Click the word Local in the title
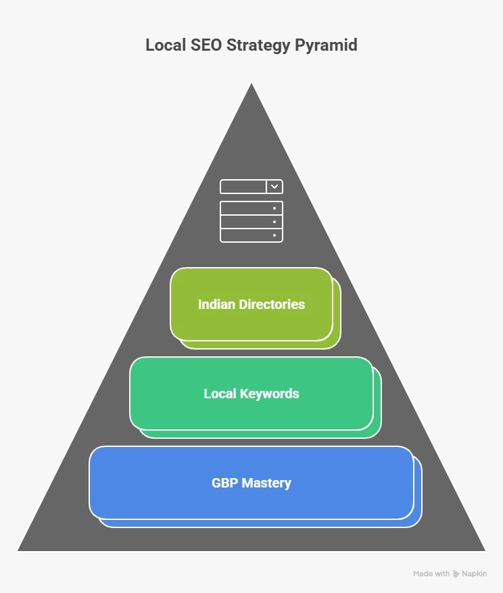(x=165, y=45)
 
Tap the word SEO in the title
(x=206, y=45)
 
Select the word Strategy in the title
(x=258, y=46)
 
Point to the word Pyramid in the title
(x=326, y=46)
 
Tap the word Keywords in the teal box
(x=270, y=394)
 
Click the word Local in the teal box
(x=220, y=394)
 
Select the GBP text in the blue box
(x=224, y=483)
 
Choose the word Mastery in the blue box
(x=266, y=483)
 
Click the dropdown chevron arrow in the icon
(x=274, y=187)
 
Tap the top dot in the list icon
(x=274, y=208)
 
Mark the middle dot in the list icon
(x=274, y=222)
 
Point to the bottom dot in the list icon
(x=274, y=235)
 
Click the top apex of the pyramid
(x=251, y=84)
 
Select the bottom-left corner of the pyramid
(x=18, y=550)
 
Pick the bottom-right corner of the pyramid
(x=485, y=550)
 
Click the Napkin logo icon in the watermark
(x=456, y=574)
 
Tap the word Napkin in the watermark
(x=474, y=574)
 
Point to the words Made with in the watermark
(x=431, y=573)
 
